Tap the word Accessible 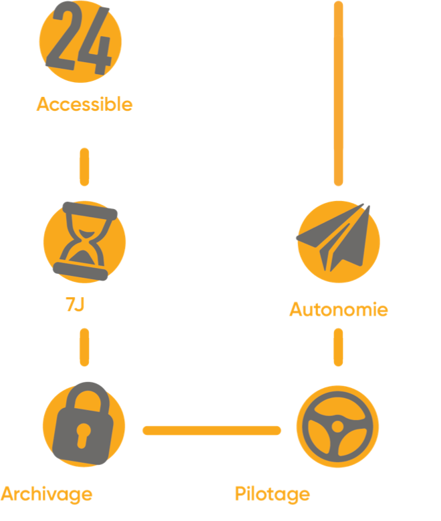click(84, 105)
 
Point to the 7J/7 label click(84, 305)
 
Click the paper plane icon click(337, 237)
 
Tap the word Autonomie click(339, 309)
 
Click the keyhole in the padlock click(83, 436)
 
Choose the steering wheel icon click(337, 426)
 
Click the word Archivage click(46, 495)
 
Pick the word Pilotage click(273, 495)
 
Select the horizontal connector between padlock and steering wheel click(211, 431)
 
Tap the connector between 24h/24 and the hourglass click(84, 166)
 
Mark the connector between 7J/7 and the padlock click(84, 348)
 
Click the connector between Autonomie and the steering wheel click(338, 348)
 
